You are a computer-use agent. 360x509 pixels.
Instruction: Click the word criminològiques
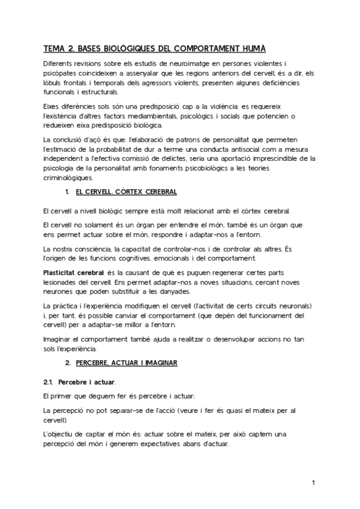(67, 178)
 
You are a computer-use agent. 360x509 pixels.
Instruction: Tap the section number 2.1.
(50, 382)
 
